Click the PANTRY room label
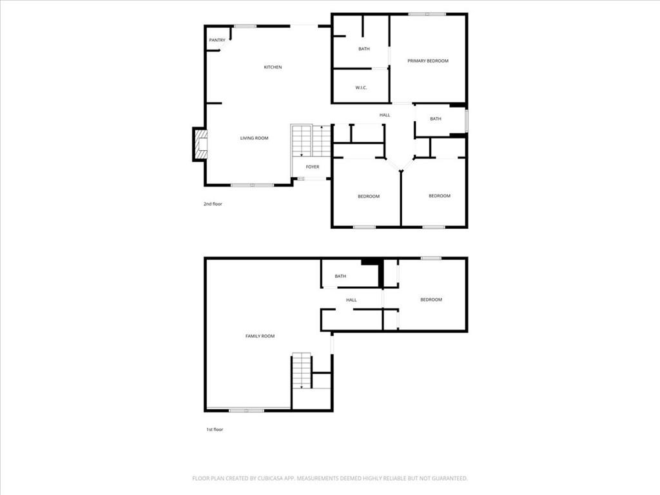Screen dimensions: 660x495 tap(217, 40)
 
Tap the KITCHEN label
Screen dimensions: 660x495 tap(273, 67)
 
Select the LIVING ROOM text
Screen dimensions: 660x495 tap(254, 138)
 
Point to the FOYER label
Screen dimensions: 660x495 tap(313, 167)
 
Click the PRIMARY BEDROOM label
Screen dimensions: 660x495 tap(428, 61)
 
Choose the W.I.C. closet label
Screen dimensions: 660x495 tap(361, 88)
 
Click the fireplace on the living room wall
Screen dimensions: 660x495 tap(200, 144)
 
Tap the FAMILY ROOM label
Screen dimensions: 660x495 tap(260, 336)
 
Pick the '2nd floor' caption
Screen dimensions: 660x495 tap(213, 204)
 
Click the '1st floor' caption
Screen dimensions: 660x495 tap(215, 429)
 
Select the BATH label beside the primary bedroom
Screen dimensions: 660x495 tap(364, 49)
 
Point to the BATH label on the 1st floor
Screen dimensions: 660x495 tap(340, 276)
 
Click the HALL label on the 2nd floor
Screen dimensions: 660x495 tap(385, 115)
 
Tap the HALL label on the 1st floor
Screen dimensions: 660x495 tap(351, 300)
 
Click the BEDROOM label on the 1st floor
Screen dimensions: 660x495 tap(431, 300)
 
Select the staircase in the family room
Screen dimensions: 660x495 tap(302, 371)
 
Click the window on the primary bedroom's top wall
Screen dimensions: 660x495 tap(427, 14)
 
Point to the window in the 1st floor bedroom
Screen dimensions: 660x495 tap(431, 258)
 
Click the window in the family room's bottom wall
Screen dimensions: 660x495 tap(247, 410)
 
